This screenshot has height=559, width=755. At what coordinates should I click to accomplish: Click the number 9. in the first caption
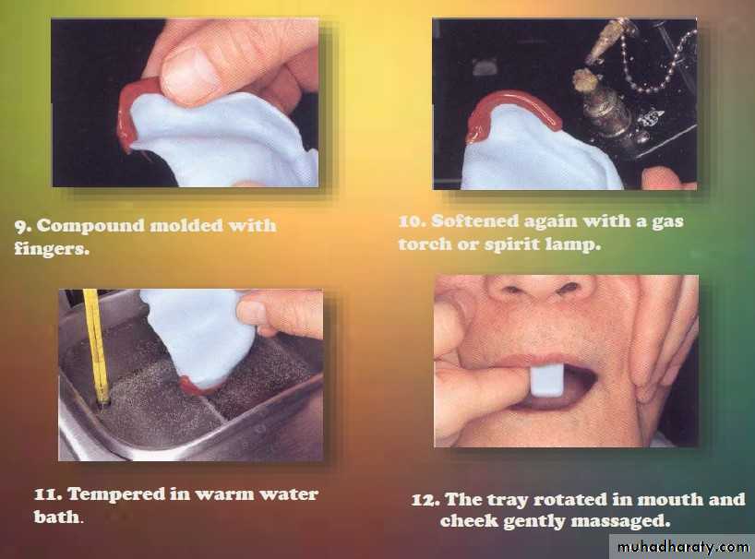(22, 225)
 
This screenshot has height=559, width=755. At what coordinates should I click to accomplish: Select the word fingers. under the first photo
(52, 248)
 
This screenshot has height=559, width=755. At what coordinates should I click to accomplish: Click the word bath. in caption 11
(59, 517)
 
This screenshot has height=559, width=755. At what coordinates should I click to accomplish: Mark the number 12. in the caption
(425, 500)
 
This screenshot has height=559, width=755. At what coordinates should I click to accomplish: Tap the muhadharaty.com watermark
(683, 547)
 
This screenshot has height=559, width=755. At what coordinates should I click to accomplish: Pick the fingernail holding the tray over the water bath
(250, 313)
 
